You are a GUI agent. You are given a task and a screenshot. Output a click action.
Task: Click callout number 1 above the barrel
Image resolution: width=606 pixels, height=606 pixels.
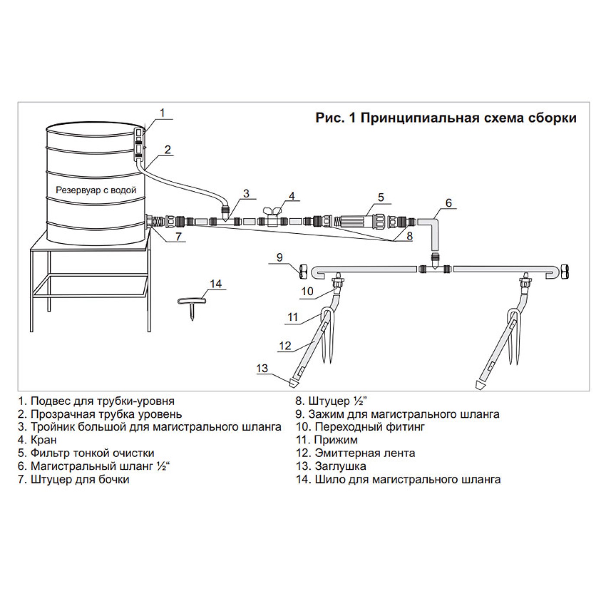[162, 113]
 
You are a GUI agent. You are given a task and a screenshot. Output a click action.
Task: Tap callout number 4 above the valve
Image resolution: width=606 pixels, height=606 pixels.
[292, 196]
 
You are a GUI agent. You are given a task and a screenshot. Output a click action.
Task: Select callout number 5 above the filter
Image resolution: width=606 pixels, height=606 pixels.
[380, 198]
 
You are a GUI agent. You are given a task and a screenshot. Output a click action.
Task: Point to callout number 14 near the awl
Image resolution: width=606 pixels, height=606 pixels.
[216, 284]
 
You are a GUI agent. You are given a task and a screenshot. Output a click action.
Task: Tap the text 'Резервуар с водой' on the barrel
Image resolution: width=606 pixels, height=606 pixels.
[96, 190]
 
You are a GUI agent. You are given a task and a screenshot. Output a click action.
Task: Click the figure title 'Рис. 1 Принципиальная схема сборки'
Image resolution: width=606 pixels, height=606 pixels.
[446, 118]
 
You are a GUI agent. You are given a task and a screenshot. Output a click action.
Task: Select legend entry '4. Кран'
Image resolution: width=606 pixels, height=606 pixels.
[37, 440]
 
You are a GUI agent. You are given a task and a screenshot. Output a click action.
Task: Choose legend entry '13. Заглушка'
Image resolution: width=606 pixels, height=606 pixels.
[331, 466]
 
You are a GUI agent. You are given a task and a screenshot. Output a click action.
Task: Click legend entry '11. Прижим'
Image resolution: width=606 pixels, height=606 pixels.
[327, 440]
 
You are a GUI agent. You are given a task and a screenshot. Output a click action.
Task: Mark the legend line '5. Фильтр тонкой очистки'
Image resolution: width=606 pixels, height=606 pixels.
[86, 453]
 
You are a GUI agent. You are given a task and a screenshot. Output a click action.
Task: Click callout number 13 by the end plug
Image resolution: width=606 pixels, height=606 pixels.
[262, 368]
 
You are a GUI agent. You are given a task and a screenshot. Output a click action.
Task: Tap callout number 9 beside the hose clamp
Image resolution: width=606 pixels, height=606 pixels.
[280, 258]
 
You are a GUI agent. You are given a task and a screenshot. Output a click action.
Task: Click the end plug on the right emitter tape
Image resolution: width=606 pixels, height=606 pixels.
[479, 384]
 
